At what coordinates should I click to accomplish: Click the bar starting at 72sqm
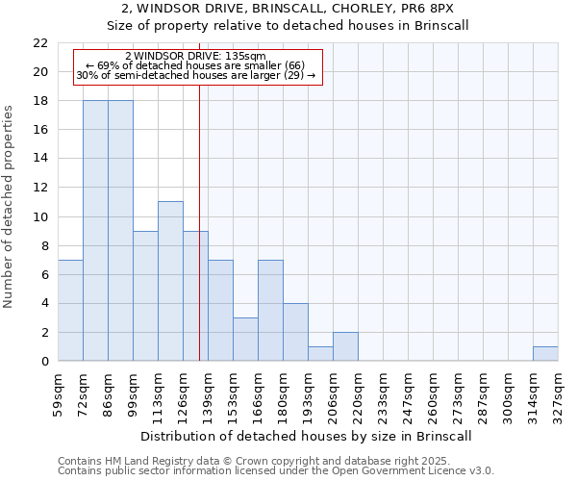point(95,230)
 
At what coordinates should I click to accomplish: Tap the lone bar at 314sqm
point(545,354)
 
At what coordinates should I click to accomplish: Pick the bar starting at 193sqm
point(320,354)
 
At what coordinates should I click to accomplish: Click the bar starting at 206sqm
point(345,346)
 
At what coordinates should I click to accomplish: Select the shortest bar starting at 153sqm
point(245,340)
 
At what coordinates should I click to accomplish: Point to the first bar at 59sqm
point(70,310)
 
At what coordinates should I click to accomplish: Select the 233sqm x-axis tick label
point(383,394)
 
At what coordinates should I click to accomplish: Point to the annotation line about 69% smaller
point(195,65)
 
